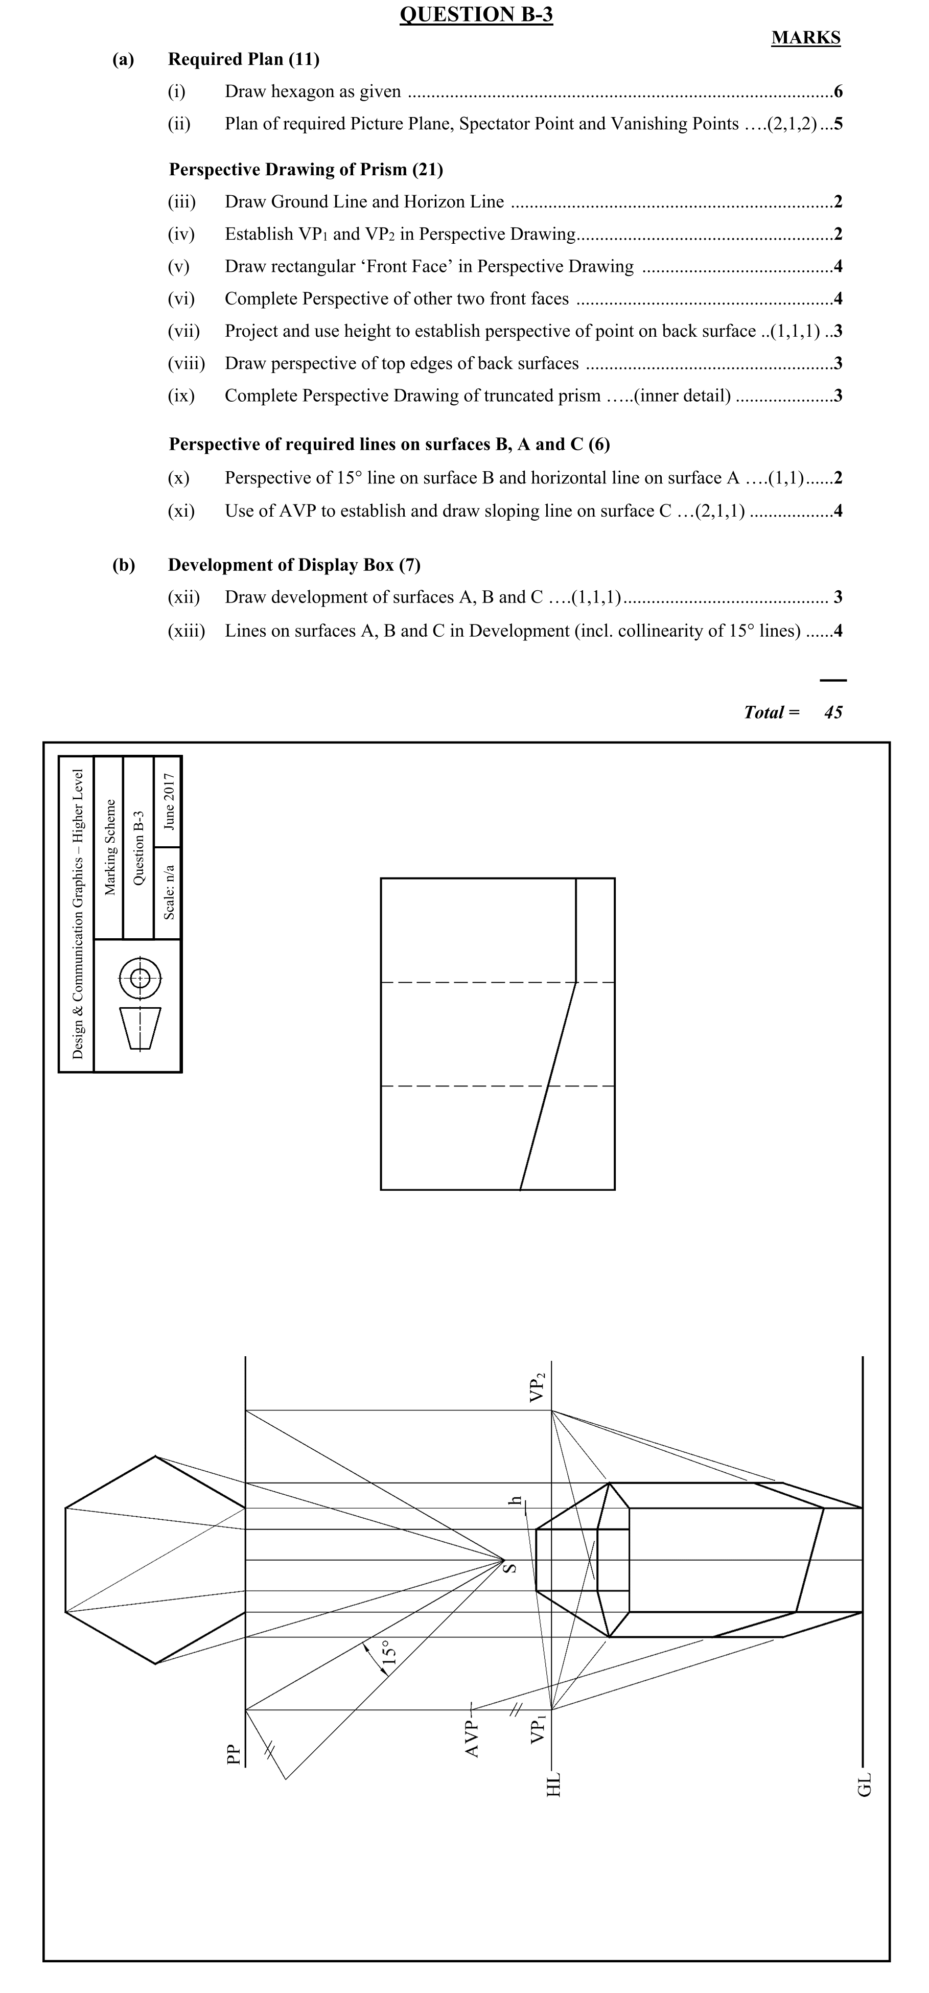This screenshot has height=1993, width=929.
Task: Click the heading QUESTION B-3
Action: pos(476,15)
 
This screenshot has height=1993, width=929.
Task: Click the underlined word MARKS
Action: pos(805,38)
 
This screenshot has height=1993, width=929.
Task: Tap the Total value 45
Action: pos(833,712)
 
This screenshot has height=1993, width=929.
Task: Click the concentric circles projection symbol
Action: pos(139,978)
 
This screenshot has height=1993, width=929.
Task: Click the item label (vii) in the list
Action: pos(184,331)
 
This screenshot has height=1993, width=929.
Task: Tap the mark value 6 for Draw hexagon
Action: pos(838,92)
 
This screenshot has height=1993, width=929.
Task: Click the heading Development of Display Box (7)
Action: pos(294,565)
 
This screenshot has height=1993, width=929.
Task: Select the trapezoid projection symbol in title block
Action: pos(139,1028)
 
